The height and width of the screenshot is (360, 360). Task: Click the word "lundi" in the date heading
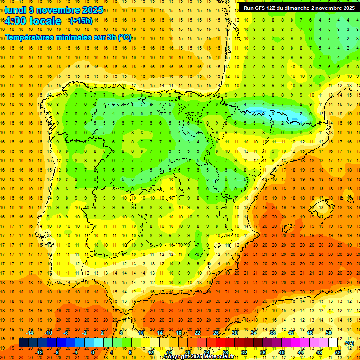pyautogui.click(x=15, y=9)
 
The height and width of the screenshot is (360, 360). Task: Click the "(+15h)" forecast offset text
pyautogui.click(x=81, y=21)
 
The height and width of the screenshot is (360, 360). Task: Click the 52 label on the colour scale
pyautogui.click(x=337, y=352)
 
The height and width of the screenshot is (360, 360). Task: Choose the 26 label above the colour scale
pyautogui.click(x=216, y=333)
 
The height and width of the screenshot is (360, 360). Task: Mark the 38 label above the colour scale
pyautogui.click(x=272, y=333)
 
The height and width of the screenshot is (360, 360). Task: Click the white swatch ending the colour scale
pyautogui.click(x=333, y=342)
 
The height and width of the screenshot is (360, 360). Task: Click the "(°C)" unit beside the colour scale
pyautogui.click(x=349, y=343)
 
